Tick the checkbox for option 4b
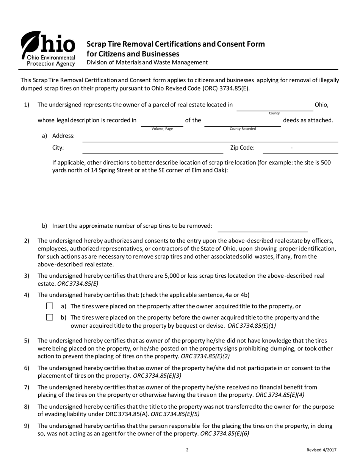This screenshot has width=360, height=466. pyautogui.click(x=50, y=317)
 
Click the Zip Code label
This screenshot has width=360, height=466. pyautogui.click(x=243, y=148)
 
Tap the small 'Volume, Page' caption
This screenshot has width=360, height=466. pyautogui.click(x=162, y=129)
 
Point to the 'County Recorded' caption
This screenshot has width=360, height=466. pyautogui.click(x=243, y=129)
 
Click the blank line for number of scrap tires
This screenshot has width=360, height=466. pyautogui.click(x=263, y=228)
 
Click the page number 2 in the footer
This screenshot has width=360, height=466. pyautogui.click(x=187, y=450)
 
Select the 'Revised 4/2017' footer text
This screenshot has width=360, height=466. pyautogui.click(x=321, y=450)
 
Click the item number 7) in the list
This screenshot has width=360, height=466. pyautogui.click(x=27, y=387)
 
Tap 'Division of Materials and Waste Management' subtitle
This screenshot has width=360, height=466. pyautogui.click(x=147, y=63)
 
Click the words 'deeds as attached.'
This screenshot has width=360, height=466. pyautogui.click(x=308, y=120)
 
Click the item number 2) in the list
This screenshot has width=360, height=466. pyautogui.click(x=27, y=241)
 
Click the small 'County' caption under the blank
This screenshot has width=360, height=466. pyautogui.click(x=274, y=113)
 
